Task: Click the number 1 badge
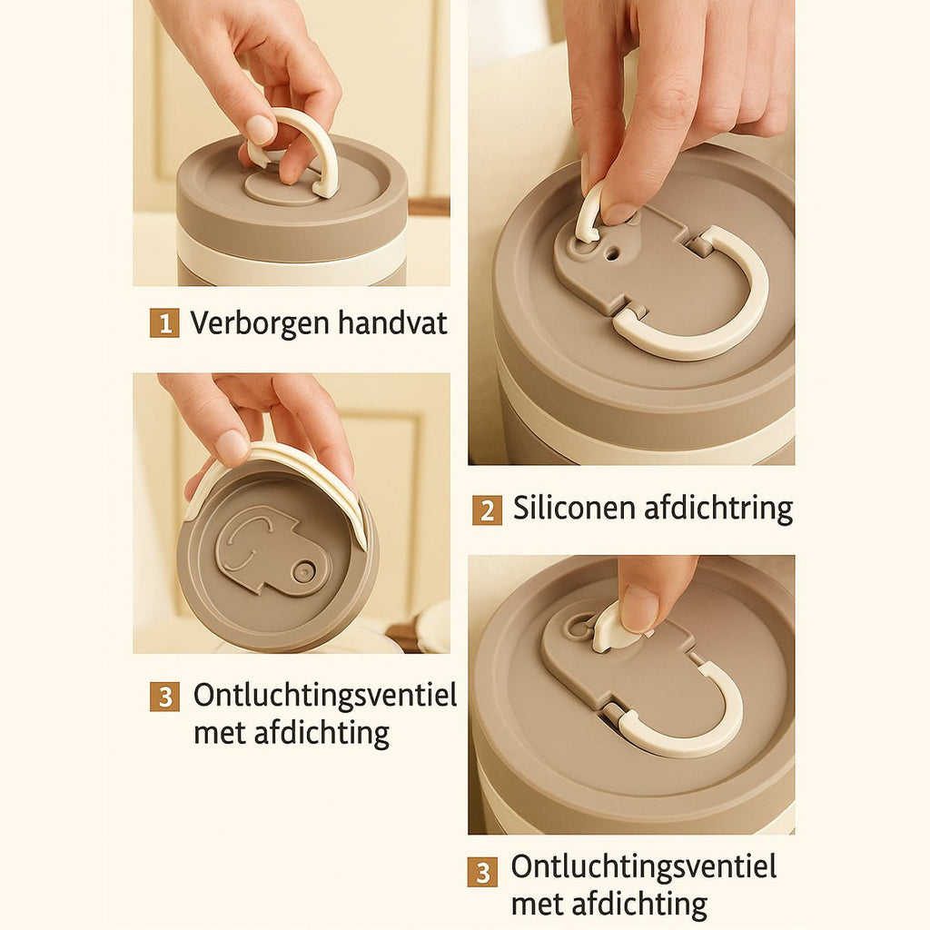pyautogui.click(x=164, y=323)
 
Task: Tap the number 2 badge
pyautogui.click(x=487, y=510)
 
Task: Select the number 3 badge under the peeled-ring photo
pyautogui.click(x=164, y=697)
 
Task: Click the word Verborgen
pyautogui.click(x=260, y=324)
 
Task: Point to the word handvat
pyautogui.click(x=392, y=322)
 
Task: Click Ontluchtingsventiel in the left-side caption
pyautogui.click(x=325, y=695)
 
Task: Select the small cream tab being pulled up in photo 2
pyautogui.click(x=589, y=213)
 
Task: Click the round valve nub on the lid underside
pyautogui.click(x=304, y=572)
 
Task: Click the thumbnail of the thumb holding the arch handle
pyautogui.click(x=261, y=129)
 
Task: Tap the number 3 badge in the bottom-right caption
pyautogui.click(x=482, y=872)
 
